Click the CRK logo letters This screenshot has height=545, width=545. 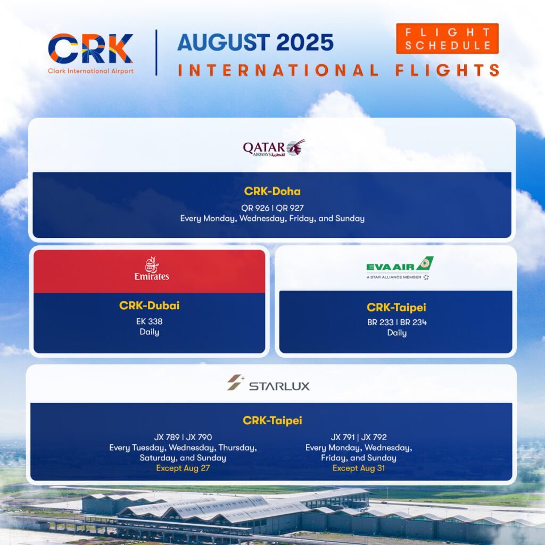click(x=90, y=48)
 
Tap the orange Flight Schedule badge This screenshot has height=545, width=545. click(x=447, y=38)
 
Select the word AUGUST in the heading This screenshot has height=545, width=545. click(x=224, y=43)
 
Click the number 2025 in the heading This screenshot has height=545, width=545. click(x=305, y=43)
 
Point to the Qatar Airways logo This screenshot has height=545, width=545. click(x=274, y=148)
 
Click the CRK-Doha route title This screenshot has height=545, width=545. click(x=272, y=191)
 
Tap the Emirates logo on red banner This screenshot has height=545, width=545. click(x=152, y=268)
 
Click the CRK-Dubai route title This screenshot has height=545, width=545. click(x=149, y=305)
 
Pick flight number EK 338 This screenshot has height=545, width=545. click(x=149, y=321)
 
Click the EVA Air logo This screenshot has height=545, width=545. click(x=400, y=268)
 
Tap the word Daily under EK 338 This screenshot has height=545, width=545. click(x=150, y=332)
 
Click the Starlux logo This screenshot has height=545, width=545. click(x=268, y=383)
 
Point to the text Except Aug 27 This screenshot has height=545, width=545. click(x=183, y=468)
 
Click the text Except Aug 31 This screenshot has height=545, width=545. click(x=359, y=468)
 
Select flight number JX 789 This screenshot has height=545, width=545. click(x=167, y=437)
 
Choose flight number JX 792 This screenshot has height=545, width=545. click(x=374, y=437)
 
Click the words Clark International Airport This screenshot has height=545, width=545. click(x=90, y=71)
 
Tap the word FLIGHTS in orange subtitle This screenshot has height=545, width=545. click(x=447, y=70)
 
